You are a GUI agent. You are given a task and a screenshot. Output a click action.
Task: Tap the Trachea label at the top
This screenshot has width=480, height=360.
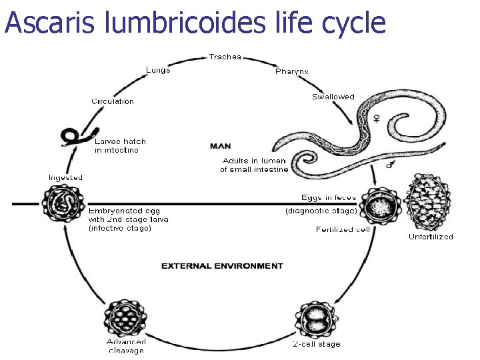pos(225,57)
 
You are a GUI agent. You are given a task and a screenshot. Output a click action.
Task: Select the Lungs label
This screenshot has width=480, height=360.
pos(158,70)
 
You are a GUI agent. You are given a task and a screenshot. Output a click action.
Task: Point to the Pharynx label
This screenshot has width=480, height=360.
pos(292,71)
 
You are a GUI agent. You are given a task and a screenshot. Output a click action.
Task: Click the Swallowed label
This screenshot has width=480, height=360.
pos(333,97)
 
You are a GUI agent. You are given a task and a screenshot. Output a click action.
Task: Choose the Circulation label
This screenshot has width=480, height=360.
pos(113,101)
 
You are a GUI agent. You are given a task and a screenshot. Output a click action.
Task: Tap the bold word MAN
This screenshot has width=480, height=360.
pos(221,145)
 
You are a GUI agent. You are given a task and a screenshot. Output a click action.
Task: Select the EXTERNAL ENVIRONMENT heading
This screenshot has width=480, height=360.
pos(222,266)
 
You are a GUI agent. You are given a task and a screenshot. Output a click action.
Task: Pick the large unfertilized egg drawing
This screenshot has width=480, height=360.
pos(428,202)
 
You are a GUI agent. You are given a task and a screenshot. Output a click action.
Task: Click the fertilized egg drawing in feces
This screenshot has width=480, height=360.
pos(377,205)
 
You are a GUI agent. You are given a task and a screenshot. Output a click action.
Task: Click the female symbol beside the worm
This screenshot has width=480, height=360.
pos(376,118)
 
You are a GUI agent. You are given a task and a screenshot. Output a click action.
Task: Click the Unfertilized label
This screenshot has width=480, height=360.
pos(431,237)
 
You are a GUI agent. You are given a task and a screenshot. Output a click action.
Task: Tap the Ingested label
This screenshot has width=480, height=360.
pos(65,177)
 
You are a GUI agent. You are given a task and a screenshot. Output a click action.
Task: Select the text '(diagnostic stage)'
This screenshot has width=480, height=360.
pos(321,211)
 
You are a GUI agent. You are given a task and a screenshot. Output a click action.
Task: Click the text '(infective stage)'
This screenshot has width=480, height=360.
pos(120,228)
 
